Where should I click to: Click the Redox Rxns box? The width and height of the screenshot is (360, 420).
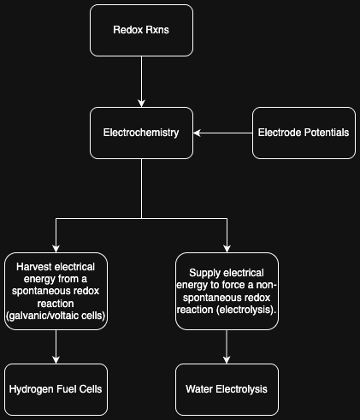coord(140,30)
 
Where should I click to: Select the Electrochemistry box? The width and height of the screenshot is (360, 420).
coord(140,133)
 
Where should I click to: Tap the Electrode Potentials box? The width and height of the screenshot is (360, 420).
coord(303,133)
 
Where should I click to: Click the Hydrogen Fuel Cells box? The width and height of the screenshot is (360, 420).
coord(56,389)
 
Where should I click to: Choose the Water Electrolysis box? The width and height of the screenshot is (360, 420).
coord(227,389)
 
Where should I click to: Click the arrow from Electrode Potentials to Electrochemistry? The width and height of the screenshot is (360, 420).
coord(222,133)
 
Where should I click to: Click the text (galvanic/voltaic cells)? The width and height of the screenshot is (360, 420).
coord(56,316)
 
